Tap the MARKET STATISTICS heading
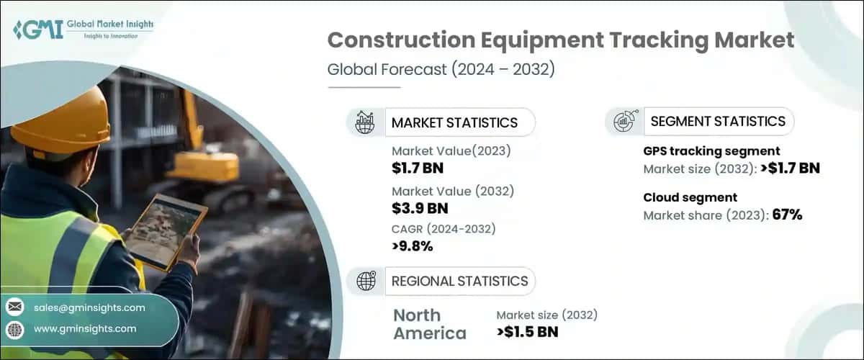(454, 122)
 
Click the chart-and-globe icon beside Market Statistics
(365, 122)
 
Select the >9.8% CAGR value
(413, 247)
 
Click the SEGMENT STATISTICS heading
(718, 122)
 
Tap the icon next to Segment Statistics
(623, 122)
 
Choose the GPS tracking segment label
(711, 151)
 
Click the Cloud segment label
(689, 197)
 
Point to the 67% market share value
(787, 215)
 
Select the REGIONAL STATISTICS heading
(459, 281)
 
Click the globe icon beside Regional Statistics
(366, 281)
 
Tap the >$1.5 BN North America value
(527, 332)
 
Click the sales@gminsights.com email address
(89, 307)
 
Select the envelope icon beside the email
(14, 307)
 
